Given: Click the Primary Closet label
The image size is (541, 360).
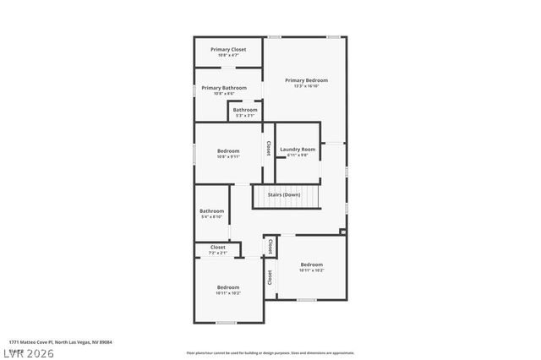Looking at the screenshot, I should pos(228,50).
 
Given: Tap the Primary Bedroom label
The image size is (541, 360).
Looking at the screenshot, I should pos(305,80).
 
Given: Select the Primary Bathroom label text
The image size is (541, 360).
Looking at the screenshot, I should pos(224,88).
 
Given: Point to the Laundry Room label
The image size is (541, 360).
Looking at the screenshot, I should pos(298,150).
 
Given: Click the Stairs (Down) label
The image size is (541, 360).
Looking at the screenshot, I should pos(284,195).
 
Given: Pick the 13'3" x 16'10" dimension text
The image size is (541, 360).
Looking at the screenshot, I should pos(305,86).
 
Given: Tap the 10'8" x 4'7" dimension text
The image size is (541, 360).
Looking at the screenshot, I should pos(228,56).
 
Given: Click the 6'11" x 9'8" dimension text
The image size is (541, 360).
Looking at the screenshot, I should pos(298,155).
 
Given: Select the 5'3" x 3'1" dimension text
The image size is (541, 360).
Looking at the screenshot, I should pos(245,116).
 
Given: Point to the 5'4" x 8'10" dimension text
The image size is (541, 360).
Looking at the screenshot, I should pos(211,217).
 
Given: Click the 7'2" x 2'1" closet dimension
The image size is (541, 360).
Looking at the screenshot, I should pos(217,254).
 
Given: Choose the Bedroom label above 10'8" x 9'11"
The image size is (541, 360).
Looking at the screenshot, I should pos(228,151).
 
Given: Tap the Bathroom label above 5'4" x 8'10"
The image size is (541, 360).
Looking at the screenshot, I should pos(211,211).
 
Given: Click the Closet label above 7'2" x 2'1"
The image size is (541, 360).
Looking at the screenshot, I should pos(217,248).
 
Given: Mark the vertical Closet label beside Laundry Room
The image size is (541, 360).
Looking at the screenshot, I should pos(269,148).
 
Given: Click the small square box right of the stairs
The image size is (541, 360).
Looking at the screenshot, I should pos(342,231).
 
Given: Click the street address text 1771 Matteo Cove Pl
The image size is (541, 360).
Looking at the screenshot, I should pos(60,342).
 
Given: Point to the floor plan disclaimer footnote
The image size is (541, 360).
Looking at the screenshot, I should pos(270,352).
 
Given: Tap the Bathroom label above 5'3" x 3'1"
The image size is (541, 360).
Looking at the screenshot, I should pos(245,110).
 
